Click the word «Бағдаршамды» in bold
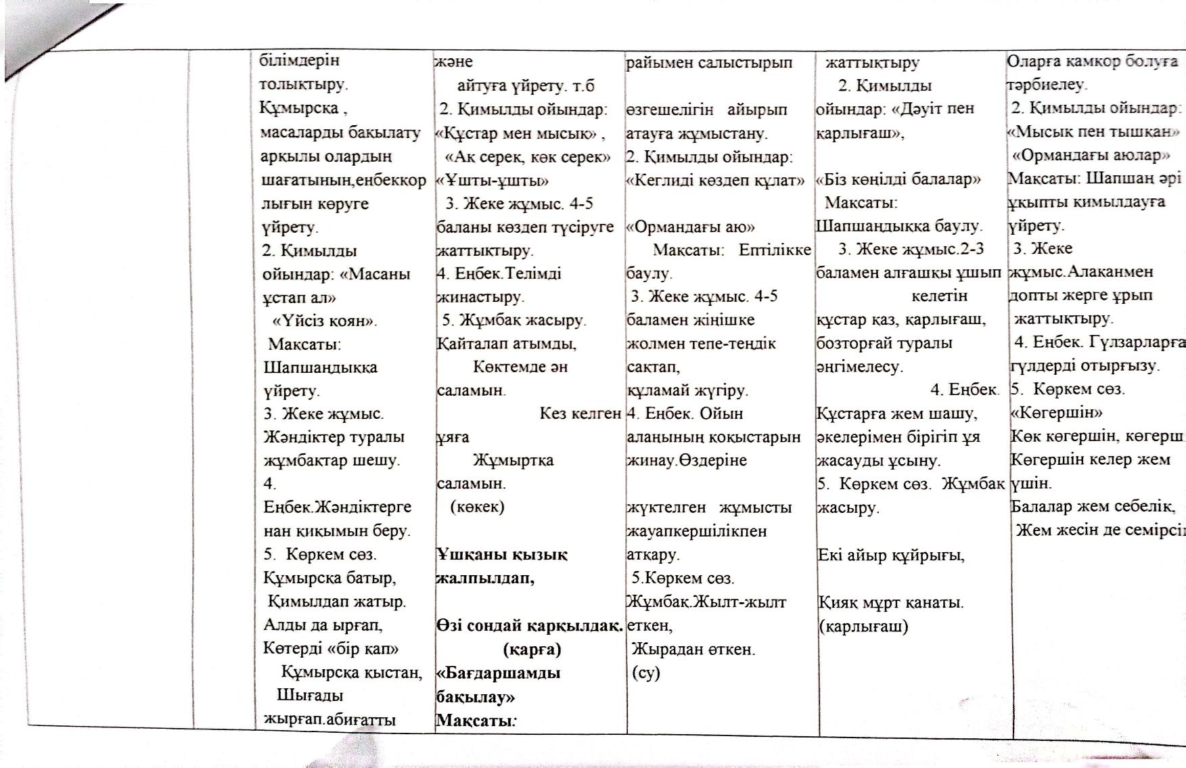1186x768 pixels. tap(499, 673)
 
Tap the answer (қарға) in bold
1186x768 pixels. tap(532, 650)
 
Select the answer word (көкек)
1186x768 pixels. tap(478, 507)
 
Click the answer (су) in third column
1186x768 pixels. tap(645, 673)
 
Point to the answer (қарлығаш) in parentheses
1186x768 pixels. tap(863, 626)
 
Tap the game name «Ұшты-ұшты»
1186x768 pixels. tap(492, 181)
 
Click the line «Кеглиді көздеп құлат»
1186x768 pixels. tap(715, 181)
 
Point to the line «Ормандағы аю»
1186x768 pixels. tap(690, 227)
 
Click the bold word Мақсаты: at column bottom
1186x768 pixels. tap(476, 720)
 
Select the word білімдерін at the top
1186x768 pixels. tap(299, 60)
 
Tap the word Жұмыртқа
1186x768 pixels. tap(513, 460)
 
